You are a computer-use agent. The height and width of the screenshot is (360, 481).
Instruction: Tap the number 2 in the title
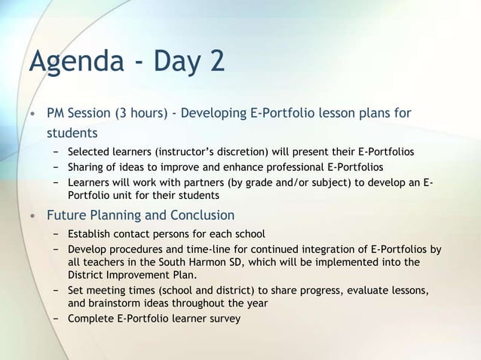(x=216, y=60)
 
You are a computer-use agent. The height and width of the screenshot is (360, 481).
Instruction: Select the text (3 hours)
(x=141, y=114)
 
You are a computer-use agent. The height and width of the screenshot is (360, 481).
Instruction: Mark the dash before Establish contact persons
(x=57, y=233)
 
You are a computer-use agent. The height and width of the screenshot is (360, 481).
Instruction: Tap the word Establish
(x=93, y=233)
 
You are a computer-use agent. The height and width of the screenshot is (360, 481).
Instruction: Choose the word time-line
(x=234, y=248)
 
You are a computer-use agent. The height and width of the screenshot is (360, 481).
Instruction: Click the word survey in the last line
(x=224, y=318)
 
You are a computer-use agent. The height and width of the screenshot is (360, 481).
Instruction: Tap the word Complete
(x=92, y=318)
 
